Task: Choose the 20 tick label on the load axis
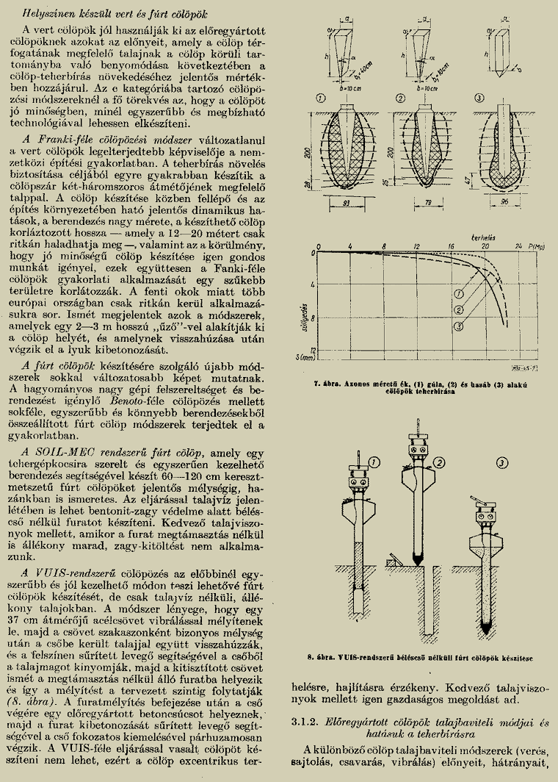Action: click(485, 246)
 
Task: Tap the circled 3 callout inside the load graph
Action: click(460, 326)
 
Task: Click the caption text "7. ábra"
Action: click(325, 383)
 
